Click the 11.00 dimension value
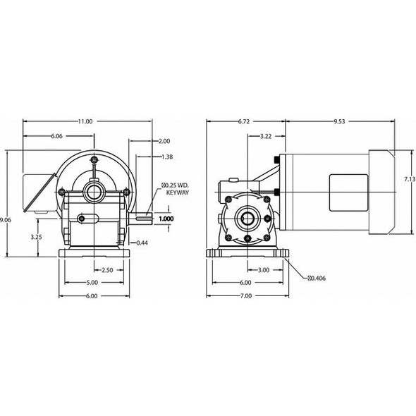click(x=85, y=121)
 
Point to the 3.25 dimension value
click(x=37, y=237)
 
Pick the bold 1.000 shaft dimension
click(x=166, y=219)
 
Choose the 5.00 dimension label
click(x=92, y=283)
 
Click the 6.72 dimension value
click(x=245, y=121)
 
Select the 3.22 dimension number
click(x=267, y=135)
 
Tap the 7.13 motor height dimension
click(x=409, y=180)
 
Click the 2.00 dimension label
click(x=164, y=140)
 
